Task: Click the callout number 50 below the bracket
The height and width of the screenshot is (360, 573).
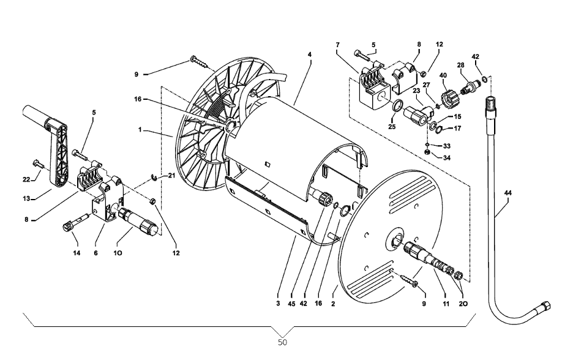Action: [x=282, y=342]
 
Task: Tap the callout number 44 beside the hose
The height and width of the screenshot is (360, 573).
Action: [x=508, y=193]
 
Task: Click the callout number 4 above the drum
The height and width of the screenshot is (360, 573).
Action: [x=310, y=54]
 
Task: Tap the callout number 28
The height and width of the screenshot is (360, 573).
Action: [x=460, y=65]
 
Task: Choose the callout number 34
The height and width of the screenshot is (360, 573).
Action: [x=446, y=158]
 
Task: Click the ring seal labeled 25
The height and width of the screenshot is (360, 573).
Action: [x=398, y=108]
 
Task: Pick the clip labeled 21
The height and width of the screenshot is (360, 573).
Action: [x=157, y=179]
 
